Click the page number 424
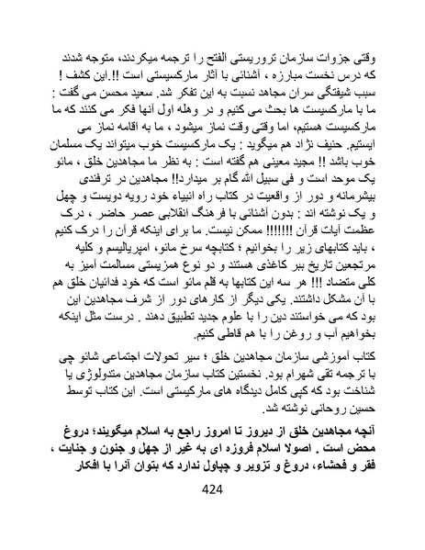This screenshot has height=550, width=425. pyautogui.click(x=212, y=516)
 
